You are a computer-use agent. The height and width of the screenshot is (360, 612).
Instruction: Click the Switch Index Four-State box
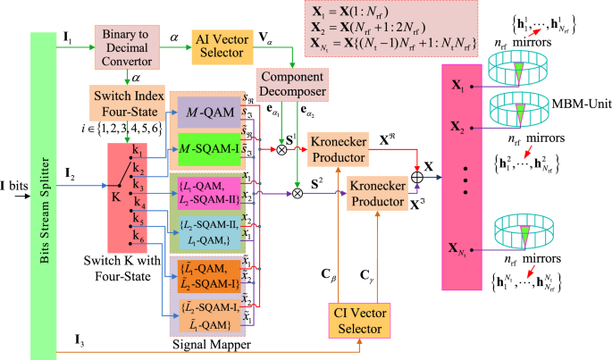(x=125, y=101)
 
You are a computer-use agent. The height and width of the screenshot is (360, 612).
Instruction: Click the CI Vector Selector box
(x=359, y=323)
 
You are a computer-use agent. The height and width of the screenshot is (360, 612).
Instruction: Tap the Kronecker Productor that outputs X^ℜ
(x=341, y=149)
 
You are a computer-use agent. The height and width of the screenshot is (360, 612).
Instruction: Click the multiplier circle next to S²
(x=298, y=189)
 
